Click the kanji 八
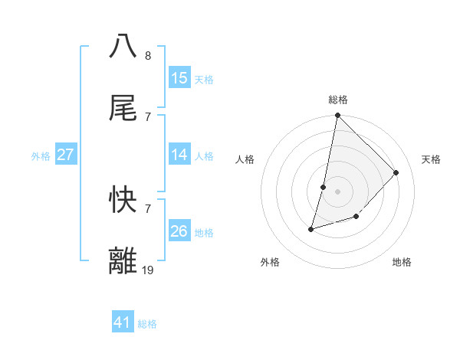[123, 45]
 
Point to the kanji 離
[123, 260]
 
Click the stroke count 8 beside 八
[147, 55]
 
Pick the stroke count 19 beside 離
[148, 270]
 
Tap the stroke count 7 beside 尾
[147, 116]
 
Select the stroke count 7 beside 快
[147, 208]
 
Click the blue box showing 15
[179, 78]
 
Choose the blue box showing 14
[179, 155]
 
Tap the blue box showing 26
[179, 231]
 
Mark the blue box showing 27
[66, 155]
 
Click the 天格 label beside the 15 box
[204, 80]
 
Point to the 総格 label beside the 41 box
[147, 324]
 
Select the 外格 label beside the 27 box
[41, 156]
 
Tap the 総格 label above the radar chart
[338, 100]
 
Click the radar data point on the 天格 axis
[396, 172]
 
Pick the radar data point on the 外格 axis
[311, 228]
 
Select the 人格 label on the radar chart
[245, 159]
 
